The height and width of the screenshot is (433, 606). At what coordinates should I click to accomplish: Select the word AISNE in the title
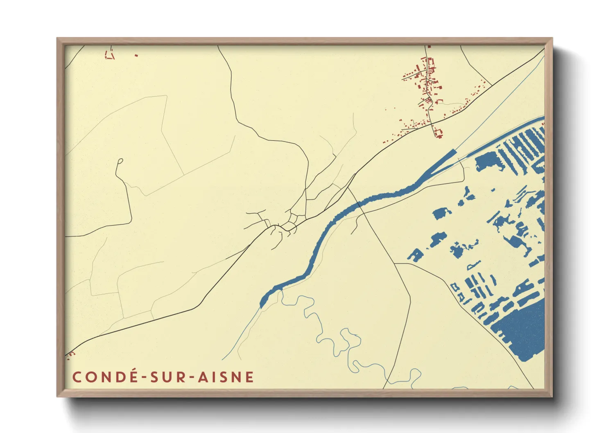(x=226, y=377)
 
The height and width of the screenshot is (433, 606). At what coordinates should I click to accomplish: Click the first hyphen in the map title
(x=145, y=377)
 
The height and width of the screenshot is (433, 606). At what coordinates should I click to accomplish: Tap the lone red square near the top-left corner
(x=136, y=55)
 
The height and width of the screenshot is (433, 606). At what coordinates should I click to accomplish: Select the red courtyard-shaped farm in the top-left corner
(x=110, y=54)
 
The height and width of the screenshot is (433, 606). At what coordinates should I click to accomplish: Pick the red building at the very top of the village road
(x=429, y=47)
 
